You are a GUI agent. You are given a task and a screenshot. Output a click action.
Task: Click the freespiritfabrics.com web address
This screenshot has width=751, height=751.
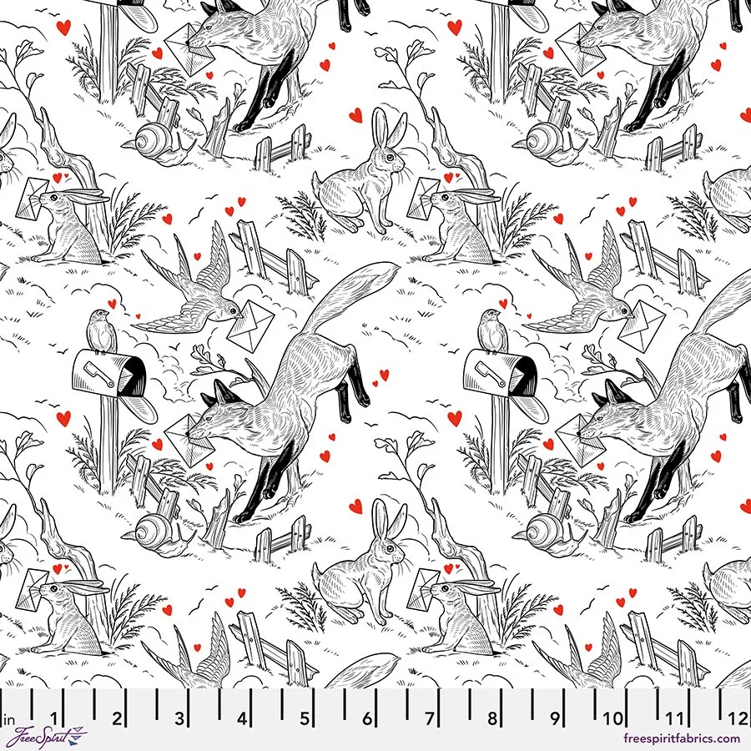pyautogui.click(x=681, y=738)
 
